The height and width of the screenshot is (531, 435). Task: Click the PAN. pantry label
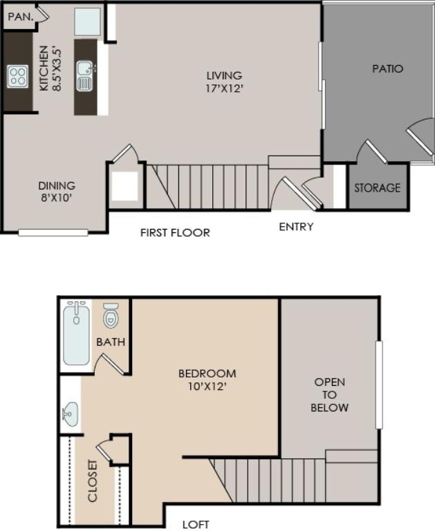[21, 17]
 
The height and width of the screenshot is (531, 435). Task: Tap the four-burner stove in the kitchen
[17, 77]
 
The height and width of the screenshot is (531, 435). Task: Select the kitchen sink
[84, 76]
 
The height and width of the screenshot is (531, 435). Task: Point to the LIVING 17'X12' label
[225, 82]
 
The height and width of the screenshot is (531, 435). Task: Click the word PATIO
[387, 68]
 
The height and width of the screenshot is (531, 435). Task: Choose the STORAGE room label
[377, 187]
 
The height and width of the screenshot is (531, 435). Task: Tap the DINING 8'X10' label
[57, 192]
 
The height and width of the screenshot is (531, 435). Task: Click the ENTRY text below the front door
[296, 227]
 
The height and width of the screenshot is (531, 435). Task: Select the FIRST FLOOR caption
[175, 232]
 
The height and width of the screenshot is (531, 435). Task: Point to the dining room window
[53, 232]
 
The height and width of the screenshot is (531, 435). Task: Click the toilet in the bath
[111, 316]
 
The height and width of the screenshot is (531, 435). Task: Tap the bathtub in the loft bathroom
[77, 333]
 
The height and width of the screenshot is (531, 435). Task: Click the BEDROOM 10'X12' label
[207, 380]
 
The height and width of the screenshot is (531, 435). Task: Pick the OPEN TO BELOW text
[329, 395]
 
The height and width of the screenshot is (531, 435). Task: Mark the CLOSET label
[92, 481]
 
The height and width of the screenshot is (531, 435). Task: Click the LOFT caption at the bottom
[196, 525]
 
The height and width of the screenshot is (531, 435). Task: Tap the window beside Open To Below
[379, 385]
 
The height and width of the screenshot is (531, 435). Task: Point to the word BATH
[111, 342]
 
